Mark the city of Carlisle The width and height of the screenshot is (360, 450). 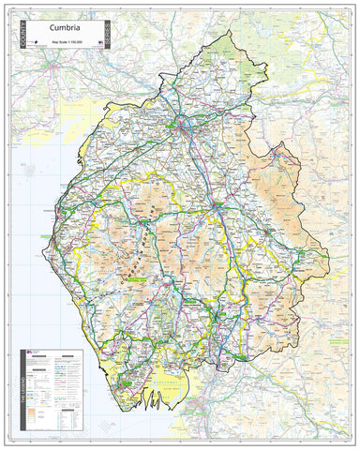[x=178, y=122]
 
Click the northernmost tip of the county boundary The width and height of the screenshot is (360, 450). [x=228, y=31]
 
